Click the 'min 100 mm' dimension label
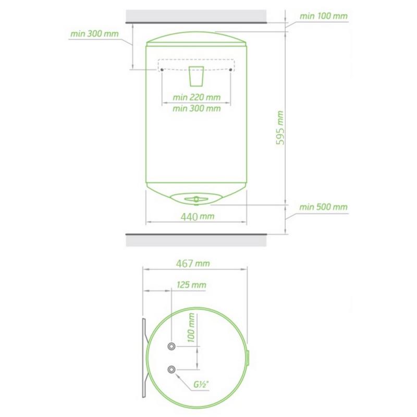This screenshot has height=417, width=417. tap(323, 16)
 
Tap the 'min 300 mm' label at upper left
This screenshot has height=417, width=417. tap(94, 34)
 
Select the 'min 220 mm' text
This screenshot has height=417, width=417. tap(197, 97)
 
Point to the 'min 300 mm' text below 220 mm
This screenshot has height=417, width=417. tap(197, 108)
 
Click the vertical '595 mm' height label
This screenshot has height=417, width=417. tap(280, 128)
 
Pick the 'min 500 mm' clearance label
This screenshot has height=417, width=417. tap(323, 207)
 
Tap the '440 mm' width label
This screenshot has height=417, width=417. tap(198, 217)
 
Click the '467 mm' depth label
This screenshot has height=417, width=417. tap(193, 264)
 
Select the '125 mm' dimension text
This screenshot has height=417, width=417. tap(191, 285)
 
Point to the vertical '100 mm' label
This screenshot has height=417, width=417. tap(191, 328)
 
